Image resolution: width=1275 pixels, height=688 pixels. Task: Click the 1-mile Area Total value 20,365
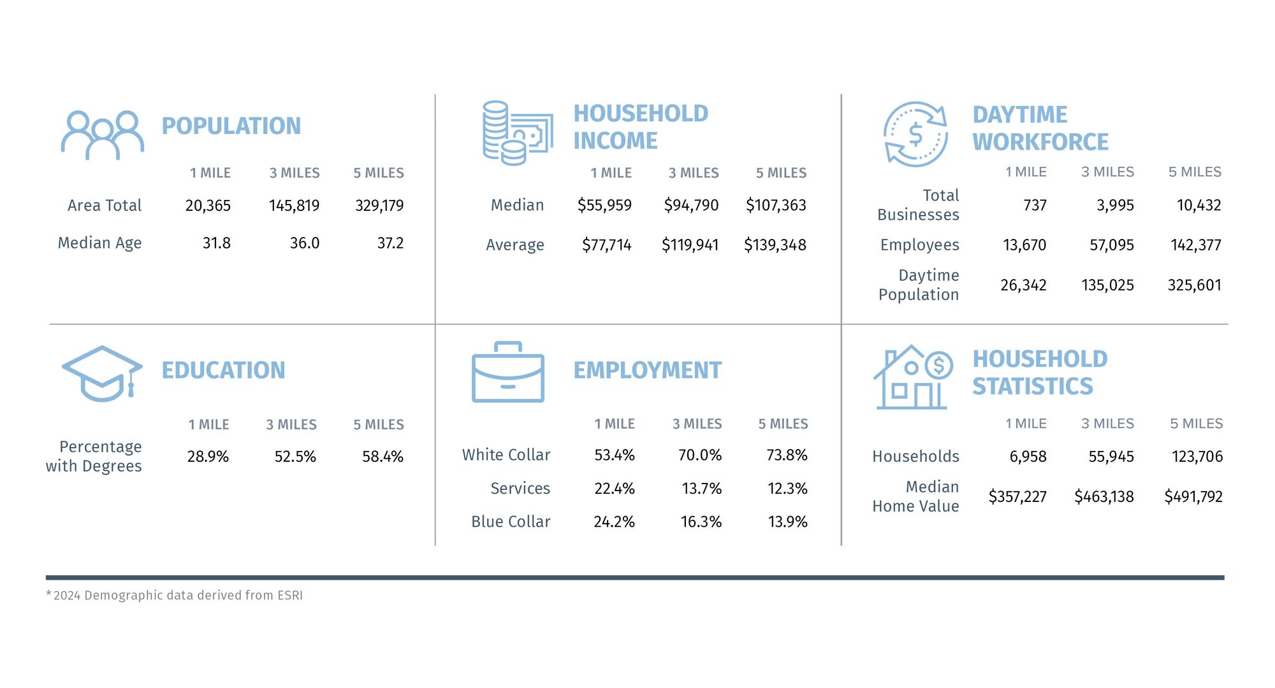(x=208, y=206)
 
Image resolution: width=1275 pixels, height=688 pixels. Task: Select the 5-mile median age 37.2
(x=390, y=243)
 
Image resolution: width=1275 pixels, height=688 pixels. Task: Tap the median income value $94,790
(x=691, y=205)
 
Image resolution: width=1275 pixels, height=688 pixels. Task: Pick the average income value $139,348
(x=775, y=245)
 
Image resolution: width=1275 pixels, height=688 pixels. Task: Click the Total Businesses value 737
(x=1035, y=205)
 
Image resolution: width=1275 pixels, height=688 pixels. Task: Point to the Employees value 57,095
(x=1111, y=245)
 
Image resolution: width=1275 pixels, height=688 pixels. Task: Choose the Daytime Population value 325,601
(x=1194, y=285)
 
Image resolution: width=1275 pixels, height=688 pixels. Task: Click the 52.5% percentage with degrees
(x=295, y=457)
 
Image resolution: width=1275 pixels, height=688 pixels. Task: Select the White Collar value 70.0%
(x=700, y=455)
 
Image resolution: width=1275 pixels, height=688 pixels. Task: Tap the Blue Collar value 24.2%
(x=614, y=522)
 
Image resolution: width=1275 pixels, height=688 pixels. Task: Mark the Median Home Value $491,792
(x=1193, y=497)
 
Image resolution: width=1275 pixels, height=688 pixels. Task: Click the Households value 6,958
(x=1028, y=457)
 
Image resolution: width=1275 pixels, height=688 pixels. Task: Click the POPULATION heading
(x=231, y=126)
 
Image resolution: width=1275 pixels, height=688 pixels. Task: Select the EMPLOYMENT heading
(x=647, y=370)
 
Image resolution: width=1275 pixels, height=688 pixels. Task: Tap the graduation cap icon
(x=102, y=373)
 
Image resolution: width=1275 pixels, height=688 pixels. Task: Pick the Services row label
(x=520, y=489)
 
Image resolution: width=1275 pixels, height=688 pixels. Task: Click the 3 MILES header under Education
(x=291, y=425)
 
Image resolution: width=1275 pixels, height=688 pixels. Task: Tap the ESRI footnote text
(x=175, y=596)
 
